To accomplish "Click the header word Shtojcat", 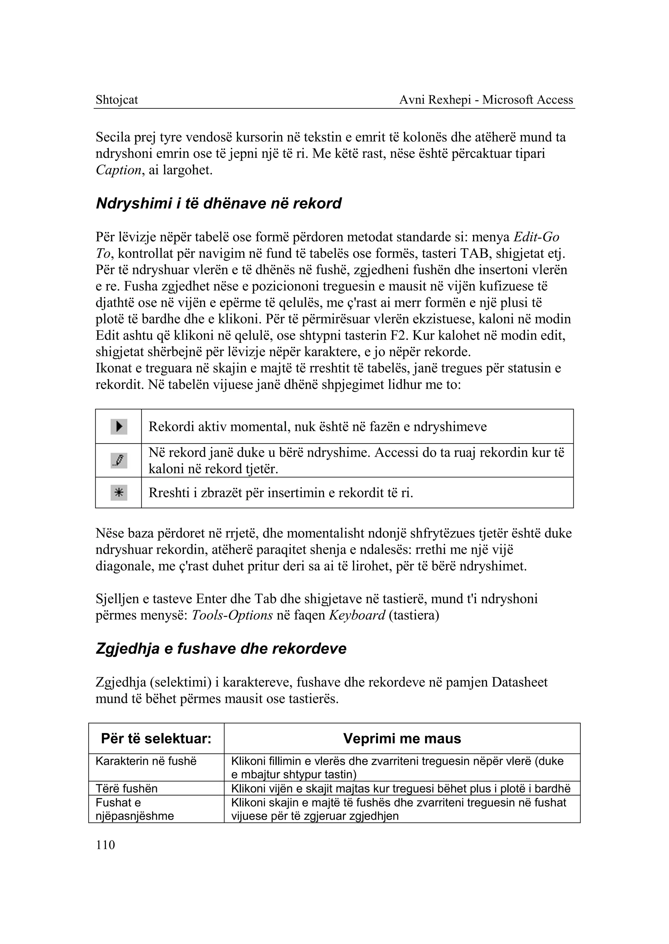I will (x=117, y=100).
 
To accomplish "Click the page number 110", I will (x=105, y=845).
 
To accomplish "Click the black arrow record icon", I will (x=119, y=427).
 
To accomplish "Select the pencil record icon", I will (x=119, y=460).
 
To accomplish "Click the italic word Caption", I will (x=119, y=170).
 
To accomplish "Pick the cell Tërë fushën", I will (x=126, y=788).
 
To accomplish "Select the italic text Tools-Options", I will (x=232, y=616).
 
